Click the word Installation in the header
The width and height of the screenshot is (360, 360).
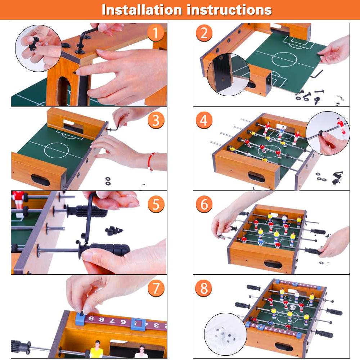[x=142, y=10]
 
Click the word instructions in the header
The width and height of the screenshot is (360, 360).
[x=229, y=10]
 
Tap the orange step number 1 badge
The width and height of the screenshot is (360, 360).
[x=156, y=33]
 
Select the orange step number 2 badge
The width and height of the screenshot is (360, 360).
[x=204, y=33]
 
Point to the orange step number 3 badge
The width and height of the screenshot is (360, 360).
[x=156, y=120]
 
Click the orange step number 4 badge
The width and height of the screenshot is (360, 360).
[x=204, y=120]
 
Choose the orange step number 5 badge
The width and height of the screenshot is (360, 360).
[x=156, y=204]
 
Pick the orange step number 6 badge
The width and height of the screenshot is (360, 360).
[x=204, y=204]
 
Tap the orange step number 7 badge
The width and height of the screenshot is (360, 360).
[x=156, y=288]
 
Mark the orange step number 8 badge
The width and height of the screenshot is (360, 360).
[x=204, y=288]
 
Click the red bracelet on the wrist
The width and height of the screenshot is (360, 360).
[x=150, y=161]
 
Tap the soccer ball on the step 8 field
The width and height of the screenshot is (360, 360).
[x=292, y=307]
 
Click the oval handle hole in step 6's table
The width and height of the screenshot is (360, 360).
[x=273, y=264]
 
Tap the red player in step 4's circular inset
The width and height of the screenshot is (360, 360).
[x=341, y=126]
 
